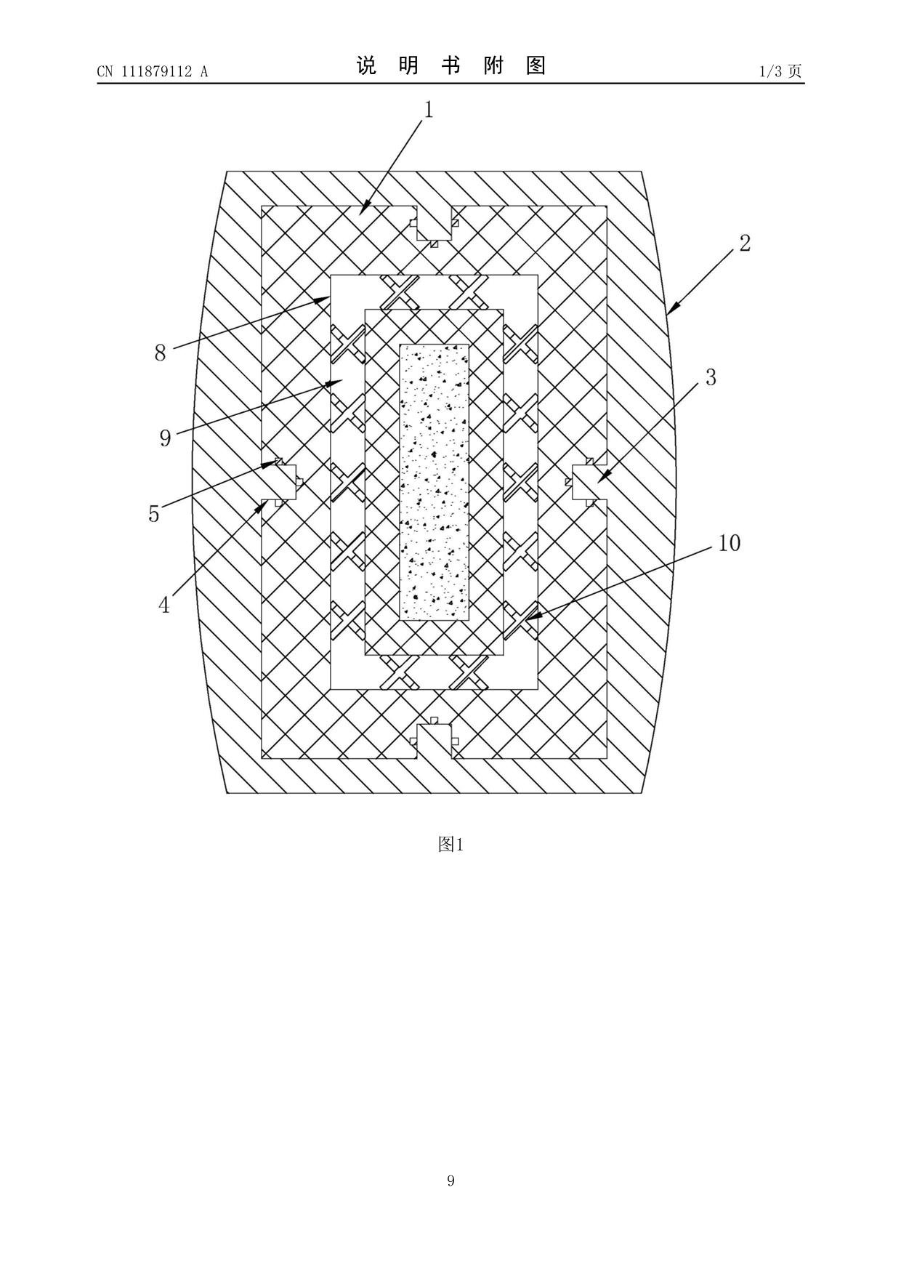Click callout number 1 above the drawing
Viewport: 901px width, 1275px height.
(x=429, y=110)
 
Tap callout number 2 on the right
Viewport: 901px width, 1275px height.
(x=745, y=244)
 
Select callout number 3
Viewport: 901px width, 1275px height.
(x=711, y=377)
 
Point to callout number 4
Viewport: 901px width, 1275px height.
(x=164, y=605)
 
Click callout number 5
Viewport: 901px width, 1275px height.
(x=153, y=514)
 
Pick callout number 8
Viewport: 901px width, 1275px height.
(x=161, y=353)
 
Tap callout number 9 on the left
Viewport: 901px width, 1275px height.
(x=166, y=438)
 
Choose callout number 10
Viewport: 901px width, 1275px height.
(x=730, y=543)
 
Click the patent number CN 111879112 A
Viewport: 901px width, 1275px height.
(x=153, y=71)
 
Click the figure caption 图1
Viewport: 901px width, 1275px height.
(x=450, y=844)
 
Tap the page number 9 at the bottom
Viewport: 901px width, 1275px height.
(x=450, y=1181)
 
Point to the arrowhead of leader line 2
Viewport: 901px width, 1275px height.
(x=670, y=312)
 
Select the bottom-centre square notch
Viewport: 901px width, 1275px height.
(x=434, y=740)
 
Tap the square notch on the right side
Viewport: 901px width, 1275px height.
(x=586, y=482)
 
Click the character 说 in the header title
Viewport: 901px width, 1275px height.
(x=366, y=67)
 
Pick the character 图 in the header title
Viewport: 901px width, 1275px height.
(x=536, y=67)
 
